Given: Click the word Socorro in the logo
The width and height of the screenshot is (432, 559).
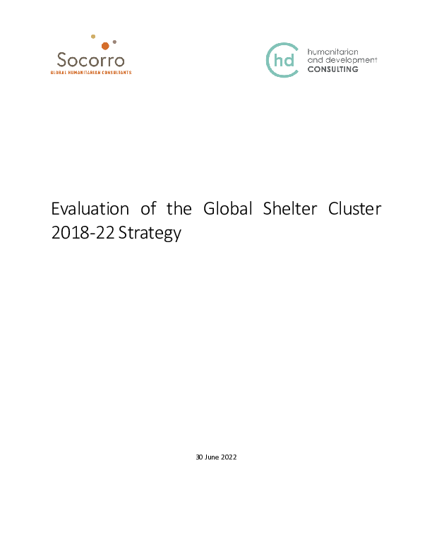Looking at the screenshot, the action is (x=90, y=60).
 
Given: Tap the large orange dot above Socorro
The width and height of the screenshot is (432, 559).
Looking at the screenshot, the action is (x=105, y=46).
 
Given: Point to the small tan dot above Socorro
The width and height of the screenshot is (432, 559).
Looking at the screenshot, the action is (x=93, y=37).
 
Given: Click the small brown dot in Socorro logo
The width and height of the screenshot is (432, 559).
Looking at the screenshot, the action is (x=114, y=42).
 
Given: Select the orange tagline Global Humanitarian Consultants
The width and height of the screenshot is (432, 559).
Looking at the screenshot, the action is (x=91, y=73).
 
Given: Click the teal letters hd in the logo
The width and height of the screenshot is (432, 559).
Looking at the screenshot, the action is (x=284, y=60).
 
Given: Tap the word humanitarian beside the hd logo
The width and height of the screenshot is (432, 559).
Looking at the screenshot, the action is (x=332, y=52).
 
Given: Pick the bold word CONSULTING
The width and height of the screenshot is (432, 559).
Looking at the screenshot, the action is (x=333, y=69).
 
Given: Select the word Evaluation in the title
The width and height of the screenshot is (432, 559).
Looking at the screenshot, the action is (x=90, y=208).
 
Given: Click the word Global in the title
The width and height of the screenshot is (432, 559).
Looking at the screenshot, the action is (x=228, y=208).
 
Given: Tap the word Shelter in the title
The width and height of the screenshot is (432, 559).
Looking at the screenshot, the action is (x=290, y=208).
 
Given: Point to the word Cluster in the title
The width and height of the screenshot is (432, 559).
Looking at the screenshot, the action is (x=354, y=208).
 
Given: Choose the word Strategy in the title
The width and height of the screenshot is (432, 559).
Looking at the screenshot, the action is (x=150, y=233).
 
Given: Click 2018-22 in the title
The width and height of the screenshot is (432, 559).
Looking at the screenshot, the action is (x=83, y=232).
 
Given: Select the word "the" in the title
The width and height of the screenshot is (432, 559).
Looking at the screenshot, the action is (x=179, y=208).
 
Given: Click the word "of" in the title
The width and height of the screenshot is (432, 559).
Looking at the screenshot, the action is (x=148, y=208).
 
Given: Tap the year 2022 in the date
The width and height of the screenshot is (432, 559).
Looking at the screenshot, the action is (x=229, y=457).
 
